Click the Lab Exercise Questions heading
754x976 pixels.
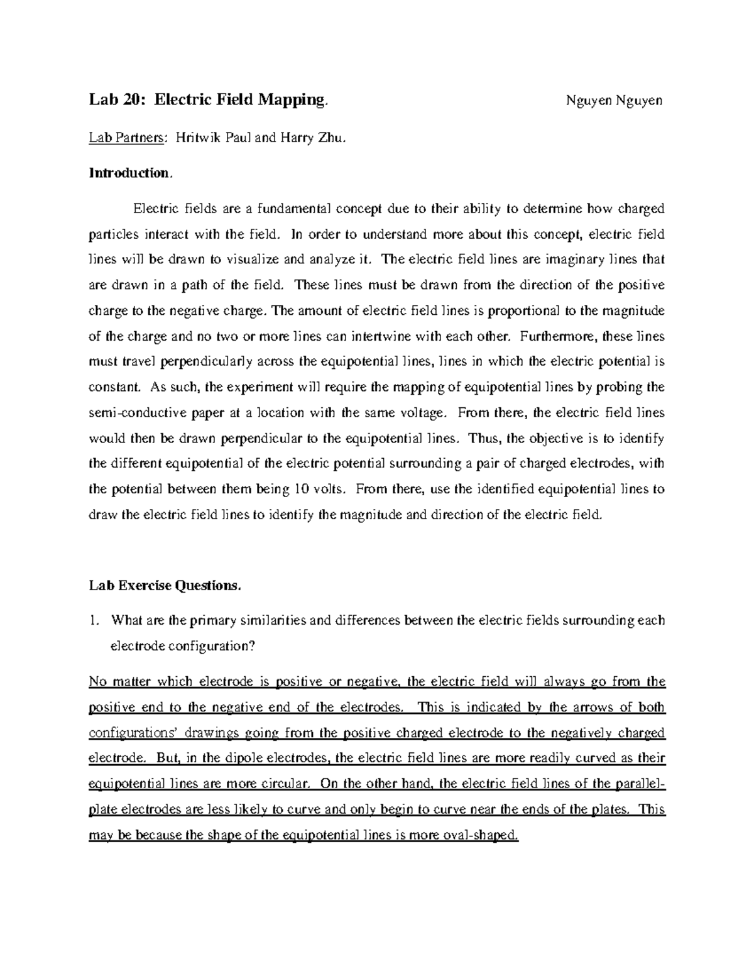click(x=165, y=586)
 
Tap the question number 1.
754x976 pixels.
click(x=93, y=621)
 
